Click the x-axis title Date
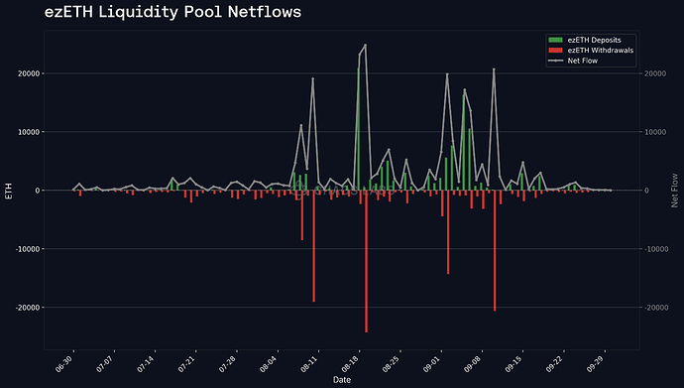tap(341, 380)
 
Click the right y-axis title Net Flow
tap(675, 191)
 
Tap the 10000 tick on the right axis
tap(656, 132)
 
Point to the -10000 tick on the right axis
tap(657, 249)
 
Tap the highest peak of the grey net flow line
tap(365, 46)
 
